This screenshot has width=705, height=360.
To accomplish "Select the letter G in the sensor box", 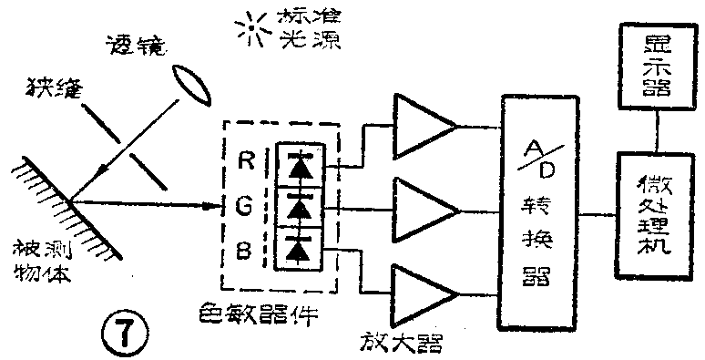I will pyautogui.click(x=242, y=207).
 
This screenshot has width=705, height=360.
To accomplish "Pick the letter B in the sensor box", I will pyautogui.click(x=242, y=247).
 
